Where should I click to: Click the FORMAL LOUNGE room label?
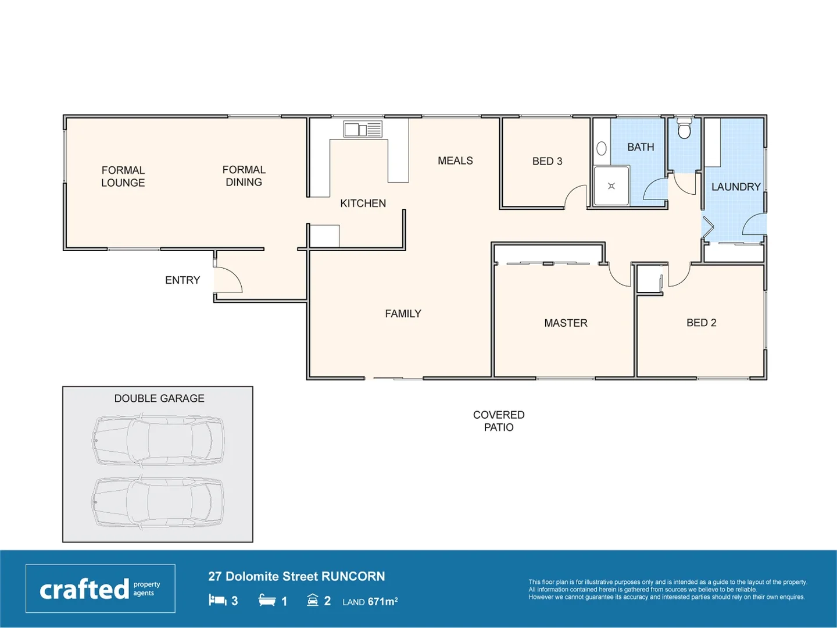(123, 176)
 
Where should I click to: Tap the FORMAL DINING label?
(244, 176)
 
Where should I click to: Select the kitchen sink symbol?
(362, 129)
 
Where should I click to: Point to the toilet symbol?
(684, 129)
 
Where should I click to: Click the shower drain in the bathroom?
(611, 186)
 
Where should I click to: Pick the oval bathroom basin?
(602, 149)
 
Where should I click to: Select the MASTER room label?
(566, 323)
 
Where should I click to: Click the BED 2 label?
(701, 323)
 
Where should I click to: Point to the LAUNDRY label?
(735, 187)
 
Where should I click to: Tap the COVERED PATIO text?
(498, 421)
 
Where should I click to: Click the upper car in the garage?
(158, 440)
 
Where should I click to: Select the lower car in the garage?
(158, 502)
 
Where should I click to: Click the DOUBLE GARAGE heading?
(159, 398)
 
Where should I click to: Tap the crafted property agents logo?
(100, 588)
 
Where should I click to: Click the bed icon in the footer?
(217, 600)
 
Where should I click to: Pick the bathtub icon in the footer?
(267, 600)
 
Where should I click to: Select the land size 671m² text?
(370, 602)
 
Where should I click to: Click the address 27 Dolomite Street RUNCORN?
(296, 576)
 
